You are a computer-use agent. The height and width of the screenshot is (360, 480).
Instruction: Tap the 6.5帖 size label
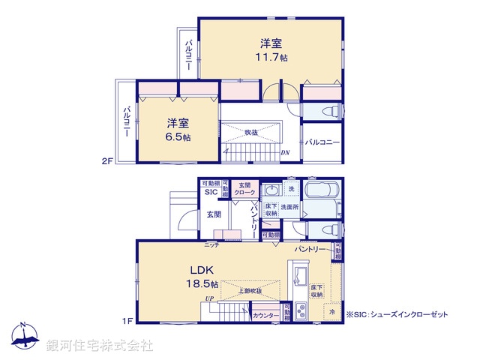point(178,137)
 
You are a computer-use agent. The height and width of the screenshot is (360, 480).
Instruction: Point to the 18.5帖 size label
point(203,285)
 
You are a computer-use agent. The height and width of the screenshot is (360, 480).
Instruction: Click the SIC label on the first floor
point(210,193)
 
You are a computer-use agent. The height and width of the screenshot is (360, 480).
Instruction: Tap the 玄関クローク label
point(244,189)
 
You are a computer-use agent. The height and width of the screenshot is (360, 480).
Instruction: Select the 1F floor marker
point(129,321)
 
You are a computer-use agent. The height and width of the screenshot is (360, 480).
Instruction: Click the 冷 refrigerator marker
point(331,311)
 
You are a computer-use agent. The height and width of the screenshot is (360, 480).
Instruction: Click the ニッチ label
point(212,244)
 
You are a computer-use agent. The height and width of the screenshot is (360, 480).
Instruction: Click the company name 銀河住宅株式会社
point(100,346)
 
